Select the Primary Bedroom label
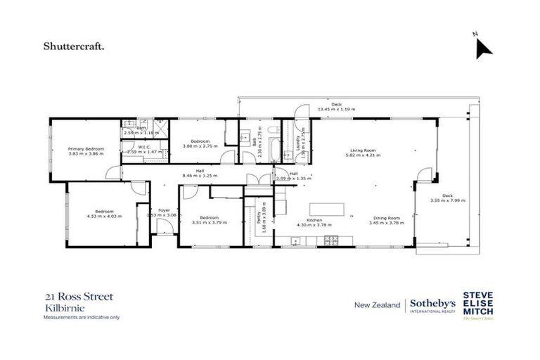point(86,149)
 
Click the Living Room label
point(364,150)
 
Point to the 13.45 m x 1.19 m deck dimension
point(336,110)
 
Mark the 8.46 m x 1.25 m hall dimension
point(200,174)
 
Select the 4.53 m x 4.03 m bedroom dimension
point(104,217)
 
